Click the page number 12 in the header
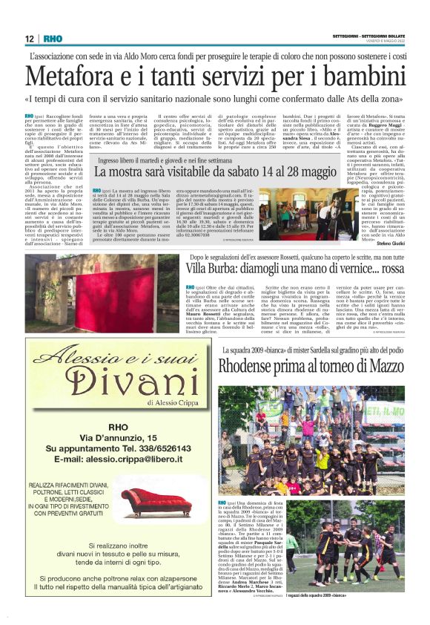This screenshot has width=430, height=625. [x=30, y=39]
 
